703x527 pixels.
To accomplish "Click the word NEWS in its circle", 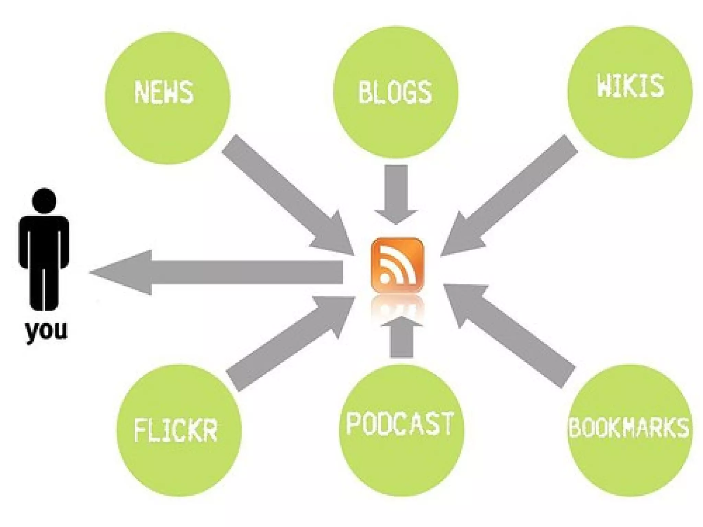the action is pyautogui.click(x=163, y=92).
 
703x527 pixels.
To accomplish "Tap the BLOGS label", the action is pyautogui.click(x=394, y=92).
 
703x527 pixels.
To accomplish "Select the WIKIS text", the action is pyautogui.click(x=630, y=86).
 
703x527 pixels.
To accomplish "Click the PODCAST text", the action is pyautogui.click(x=400, y=424).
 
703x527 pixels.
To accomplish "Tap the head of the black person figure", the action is pyautogui.click(x=44, y=201).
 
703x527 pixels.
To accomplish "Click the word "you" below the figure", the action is pyautogui.click(x=46, y=330).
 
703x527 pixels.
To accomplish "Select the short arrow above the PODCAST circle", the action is pyautogui.click(x=401, y=338).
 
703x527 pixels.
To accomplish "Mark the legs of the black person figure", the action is pyautogui.click(x=44, y=288).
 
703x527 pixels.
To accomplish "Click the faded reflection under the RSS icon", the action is pyautogui.click(x=397, y=307).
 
